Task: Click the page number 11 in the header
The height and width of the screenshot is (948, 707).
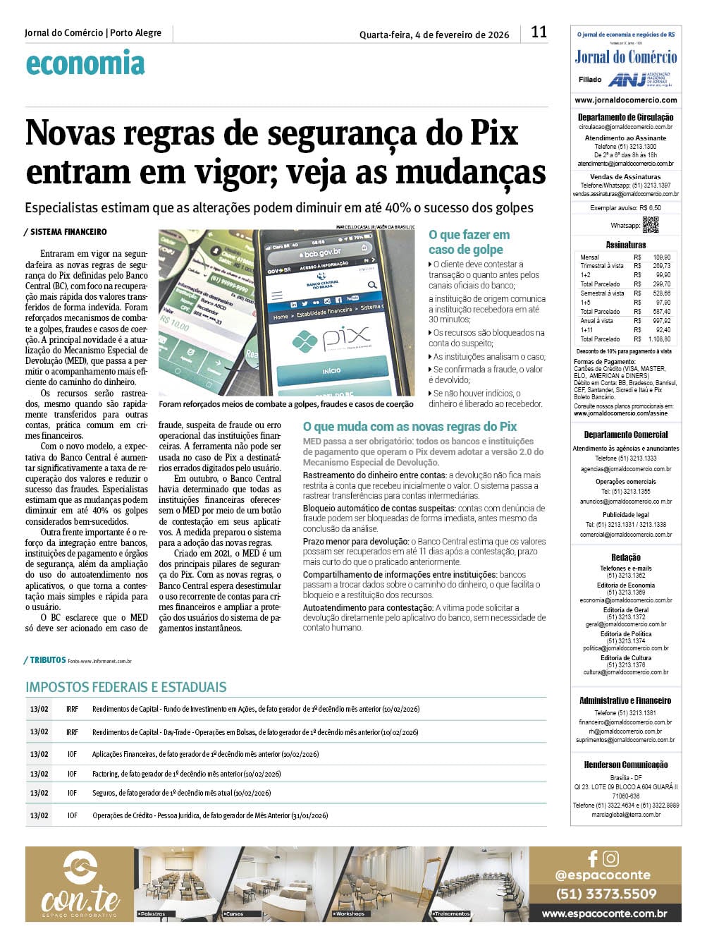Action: [x=539, y=32]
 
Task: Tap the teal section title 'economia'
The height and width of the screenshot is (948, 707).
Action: [x=85, y=63]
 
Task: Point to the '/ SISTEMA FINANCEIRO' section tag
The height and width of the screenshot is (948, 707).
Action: [x=66, y=232]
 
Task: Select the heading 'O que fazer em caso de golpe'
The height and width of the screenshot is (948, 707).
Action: [x=469, y=242]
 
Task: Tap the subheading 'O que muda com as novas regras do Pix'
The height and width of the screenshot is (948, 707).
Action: [x=410, y=427]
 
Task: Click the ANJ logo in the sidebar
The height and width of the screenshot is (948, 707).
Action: [x=627, y=79]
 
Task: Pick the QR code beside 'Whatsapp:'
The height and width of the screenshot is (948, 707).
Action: [x=651, y=224]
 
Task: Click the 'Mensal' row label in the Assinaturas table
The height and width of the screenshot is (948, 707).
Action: [x=590, y=257]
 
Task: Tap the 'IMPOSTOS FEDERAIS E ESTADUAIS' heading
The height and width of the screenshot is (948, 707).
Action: [x=126, y=687]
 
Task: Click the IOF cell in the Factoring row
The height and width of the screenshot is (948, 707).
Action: [x=73, y=774]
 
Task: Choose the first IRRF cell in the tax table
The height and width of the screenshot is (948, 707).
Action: [x=73, y=709]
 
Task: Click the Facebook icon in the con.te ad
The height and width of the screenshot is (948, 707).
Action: [x=593, y=858]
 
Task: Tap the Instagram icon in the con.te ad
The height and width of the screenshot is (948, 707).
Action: [x=611, y=858]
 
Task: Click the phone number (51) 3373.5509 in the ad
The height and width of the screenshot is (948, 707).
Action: [x=605, y=894]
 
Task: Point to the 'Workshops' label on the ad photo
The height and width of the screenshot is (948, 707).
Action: [x=350, y=913]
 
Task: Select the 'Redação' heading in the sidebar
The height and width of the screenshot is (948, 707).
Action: [x=626, y=557]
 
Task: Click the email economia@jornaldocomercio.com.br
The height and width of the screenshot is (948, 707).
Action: [x=626, y=600]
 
